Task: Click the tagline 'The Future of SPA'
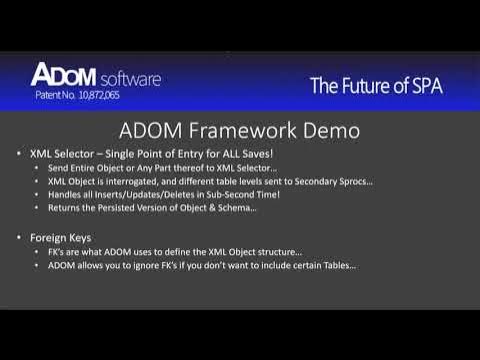pyautogui.click(x=375, y=86)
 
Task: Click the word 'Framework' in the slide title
pyautogui.click(x=244, y=131)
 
